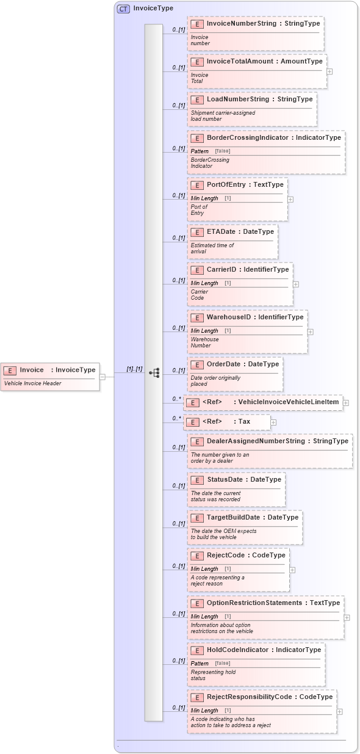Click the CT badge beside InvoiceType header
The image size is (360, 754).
click(123, 9)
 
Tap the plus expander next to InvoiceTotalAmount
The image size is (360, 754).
click(329, 71)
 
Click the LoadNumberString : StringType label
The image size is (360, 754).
click(259, 100)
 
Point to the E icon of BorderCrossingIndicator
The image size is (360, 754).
click(196, 138)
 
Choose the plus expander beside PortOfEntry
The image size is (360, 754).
click(290, 199)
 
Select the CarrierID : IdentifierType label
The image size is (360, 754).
click(248, 270)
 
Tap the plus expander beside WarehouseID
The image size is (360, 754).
click(310, 332)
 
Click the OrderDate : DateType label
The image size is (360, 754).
click(242, 364)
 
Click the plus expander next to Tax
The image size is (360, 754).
click(273, 422)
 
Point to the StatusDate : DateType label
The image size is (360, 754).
click(244, 480)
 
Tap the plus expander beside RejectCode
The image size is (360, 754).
click(292, 570)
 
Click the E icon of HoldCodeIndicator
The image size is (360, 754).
click(196, 650)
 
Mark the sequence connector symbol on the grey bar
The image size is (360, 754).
click(154, 372)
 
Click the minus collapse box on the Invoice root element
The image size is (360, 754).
click(103, 377)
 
